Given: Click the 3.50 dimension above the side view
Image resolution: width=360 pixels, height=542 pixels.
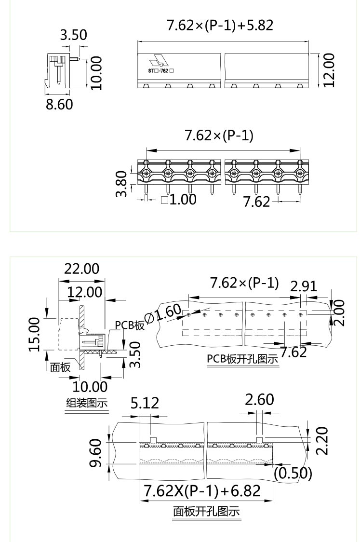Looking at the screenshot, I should (73, 35).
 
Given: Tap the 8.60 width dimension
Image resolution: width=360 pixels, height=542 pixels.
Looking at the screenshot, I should (59, 104).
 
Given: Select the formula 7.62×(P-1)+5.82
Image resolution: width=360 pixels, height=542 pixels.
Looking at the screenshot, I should (220, 25).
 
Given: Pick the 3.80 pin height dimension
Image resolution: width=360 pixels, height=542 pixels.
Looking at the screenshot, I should (122, 184).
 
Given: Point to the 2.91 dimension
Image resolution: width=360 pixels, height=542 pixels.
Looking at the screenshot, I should (304, 286).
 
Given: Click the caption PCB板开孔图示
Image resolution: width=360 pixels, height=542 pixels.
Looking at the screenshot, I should (242, 360).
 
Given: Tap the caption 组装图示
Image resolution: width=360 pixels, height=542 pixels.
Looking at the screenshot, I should (87, 403).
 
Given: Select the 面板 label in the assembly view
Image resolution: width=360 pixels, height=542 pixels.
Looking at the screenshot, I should (60, 367).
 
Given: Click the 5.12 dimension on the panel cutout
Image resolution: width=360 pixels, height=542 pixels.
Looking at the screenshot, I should (145, 403).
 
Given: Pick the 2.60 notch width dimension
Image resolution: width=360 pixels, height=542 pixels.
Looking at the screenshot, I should (259, 400).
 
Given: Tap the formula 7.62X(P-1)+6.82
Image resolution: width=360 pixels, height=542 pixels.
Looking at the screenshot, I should (202, 491).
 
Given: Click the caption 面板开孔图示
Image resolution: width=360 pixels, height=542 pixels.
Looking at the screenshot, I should (206, 511).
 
